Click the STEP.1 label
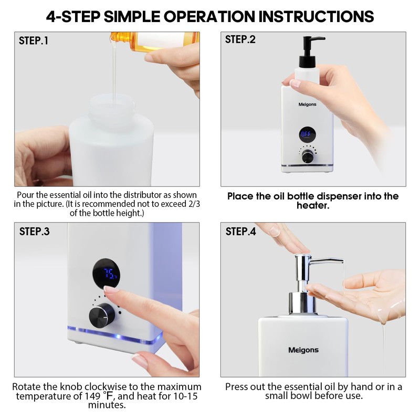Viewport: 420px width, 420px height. click(34, 41)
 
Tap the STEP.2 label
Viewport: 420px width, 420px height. click(240, 39)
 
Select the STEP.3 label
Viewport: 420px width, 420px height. click(34, 232)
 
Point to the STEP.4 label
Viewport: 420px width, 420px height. click(240, 232)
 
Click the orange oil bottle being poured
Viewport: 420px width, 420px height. click(155, 40)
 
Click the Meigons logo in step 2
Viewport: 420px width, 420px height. click(307, 104)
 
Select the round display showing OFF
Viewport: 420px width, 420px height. click(307, 134)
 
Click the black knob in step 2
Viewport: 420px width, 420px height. click(308, 156)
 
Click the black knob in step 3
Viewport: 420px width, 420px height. click(102, 316)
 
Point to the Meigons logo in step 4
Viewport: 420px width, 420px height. click(303, 350)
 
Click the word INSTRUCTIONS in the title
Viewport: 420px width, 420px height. click(316, 16)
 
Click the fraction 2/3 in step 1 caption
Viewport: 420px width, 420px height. click(194, 204)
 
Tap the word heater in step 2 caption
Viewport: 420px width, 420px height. click(312, 206)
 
